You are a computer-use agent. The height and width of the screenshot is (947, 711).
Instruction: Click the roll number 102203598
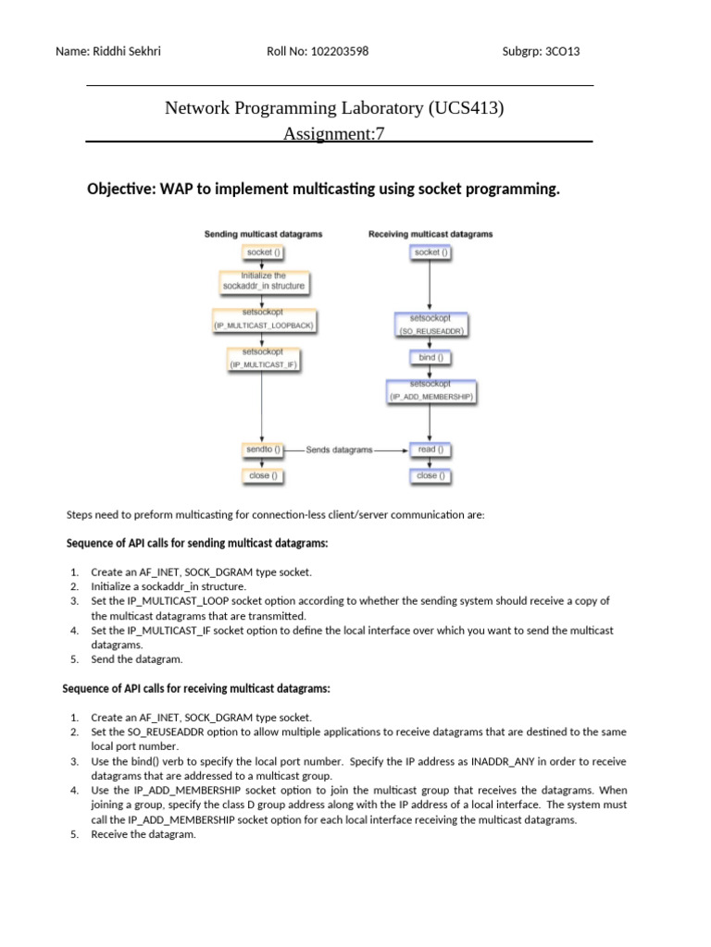point(338,52)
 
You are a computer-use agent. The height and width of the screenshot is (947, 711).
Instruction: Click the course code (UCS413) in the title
point(466,108)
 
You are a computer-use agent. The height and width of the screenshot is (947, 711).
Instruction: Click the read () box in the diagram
point(427,449)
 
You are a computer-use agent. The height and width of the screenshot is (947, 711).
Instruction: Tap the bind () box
point(427,356)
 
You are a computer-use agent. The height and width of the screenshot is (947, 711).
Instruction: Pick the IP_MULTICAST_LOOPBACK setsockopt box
point(264,320)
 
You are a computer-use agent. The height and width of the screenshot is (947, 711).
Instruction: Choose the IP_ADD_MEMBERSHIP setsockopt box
point(430,389)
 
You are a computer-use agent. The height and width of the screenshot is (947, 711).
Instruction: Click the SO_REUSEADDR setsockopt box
point(429,324)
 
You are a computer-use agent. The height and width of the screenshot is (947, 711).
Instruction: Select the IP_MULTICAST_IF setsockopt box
point(264,359)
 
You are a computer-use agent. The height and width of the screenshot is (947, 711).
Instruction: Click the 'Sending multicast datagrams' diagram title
point(263,235)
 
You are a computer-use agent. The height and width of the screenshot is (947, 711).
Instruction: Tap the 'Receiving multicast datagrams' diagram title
point(430,235)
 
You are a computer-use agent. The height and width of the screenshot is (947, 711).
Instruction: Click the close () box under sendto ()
point(260,475)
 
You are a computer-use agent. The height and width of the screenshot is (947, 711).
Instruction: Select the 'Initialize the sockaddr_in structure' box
point(264,280)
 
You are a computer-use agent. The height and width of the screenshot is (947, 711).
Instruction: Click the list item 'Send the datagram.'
point(137,659)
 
